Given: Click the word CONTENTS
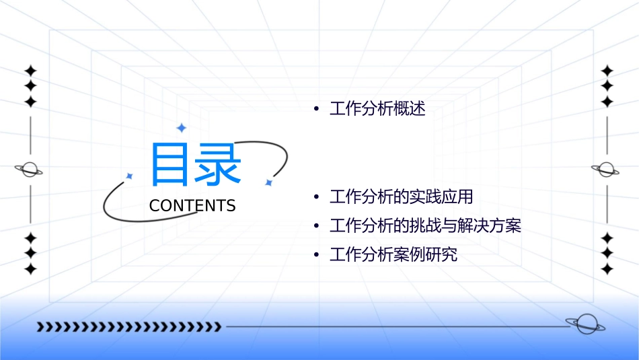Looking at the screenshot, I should [x=192, y=206].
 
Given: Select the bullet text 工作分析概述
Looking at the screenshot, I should [x=377, y=109].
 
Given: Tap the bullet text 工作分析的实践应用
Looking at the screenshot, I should [x=402, y=197].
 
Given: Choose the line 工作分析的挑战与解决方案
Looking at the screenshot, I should [x=425, y=226].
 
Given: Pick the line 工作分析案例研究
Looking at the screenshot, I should [x=393, y=255].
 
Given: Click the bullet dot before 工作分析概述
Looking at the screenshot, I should [x=315, y=110].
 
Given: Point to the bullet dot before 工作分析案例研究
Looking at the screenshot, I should [x=315, y=256].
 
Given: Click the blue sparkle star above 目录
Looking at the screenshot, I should [x=181, y=128].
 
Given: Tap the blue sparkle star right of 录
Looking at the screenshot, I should [x=268, y=182].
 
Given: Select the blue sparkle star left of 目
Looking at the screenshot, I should [x=129, y=176].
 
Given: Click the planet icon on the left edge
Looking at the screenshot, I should [x=30, y=170].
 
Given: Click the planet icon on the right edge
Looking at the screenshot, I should [x=606, y=170].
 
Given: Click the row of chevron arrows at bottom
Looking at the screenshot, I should [x=128, y=327].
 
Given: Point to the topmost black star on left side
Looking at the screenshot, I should [x=30, y=71].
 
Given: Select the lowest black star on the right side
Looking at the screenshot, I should [x=607, y=268].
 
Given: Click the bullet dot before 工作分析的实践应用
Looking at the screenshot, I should [x=315, y=198].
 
